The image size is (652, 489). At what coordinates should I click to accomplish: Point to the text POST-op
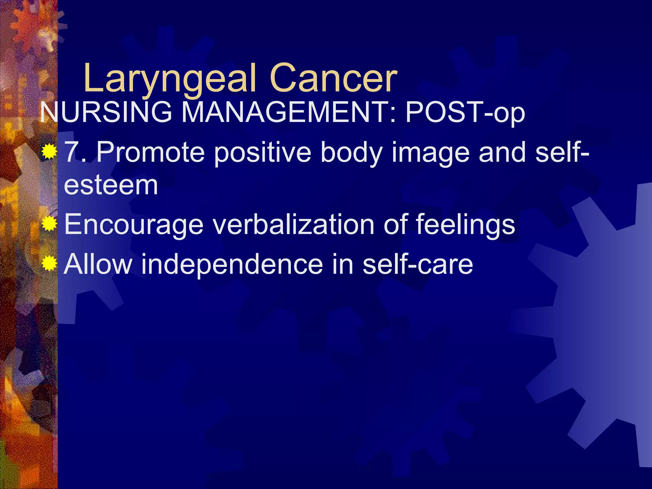tap(465, 113)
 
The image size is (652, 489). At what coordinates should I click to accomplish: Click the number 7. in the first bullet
tap(76, 152)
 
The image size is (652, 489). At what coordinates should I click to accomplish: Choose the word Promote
tap(150, 152)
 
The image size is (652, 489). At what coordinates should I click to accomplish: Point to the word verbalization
tap(294, 224)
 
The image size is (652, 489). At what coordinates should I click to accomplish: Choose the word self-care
tap(418, 264)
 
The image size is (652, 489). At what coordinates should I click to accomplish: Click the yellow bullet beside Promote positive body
tap(49, 152)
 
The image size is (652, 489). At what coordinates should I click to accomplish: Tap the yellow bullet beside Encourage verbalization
tap(49, 224)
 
